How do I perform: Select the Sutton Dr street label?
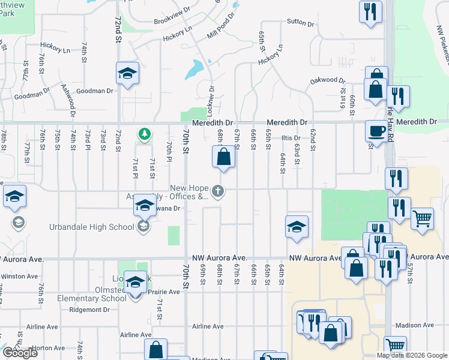(x=301, y=23)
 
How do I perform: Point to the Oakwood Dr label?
(x=328, y=80)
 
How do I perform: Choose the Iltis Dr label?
(x=291, y=138)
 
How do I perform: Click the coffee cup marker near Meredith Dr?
(x=377, y=130)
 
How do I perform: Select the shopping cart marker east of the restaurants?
(x=423, y=218)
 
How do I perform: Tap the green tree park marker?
(x=144, y=133)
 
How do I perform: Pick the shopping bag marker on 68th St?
(x=223, y=157)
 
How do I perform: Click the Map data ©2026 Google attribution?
(x=411, y=355)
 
